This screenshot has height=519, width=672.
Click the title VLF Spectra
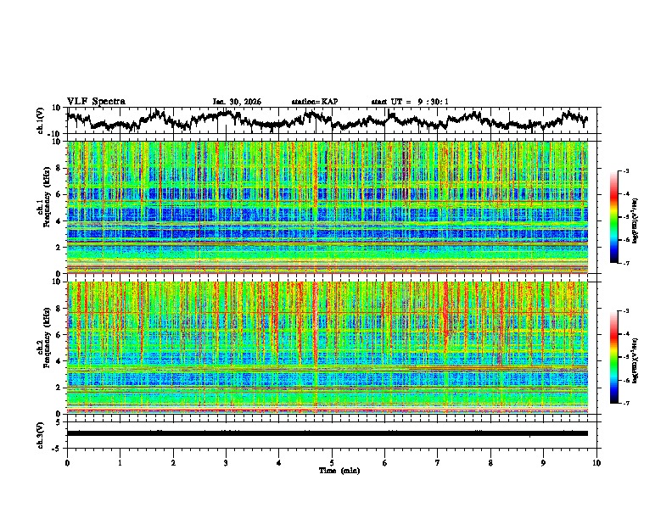[96, 101]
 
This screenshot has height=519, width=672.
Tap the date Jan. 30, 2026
[237, 102]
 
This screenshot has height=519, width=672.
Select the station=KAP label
[314, 102]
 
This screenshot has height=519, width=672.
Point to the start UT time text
[410, 102]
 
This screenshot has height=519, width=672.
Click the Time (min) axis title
[333, 470]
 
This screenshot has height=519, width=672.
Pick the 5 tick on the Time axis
[332, 462]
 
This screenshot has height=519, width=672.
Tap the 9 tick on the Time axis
[544, 462]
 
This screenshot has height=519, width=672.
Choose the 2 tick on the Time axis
[173, 462]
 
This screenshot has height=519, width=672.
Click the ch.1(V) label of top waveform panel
[40, 120]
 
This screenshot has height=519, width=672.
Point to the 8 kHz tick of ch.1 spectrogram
[58, 168]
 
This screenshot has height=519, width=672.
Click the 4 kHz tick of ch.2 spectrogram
[58, 361]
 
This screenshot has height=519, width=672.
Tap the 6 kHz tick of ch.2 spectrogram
[58, 335]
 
